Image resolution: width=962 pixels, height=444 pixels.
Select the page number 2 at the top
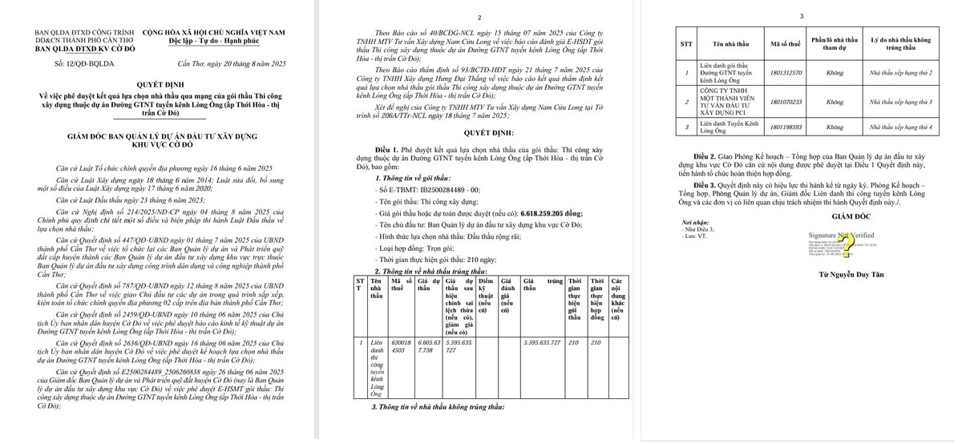(x=479, y=17)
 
